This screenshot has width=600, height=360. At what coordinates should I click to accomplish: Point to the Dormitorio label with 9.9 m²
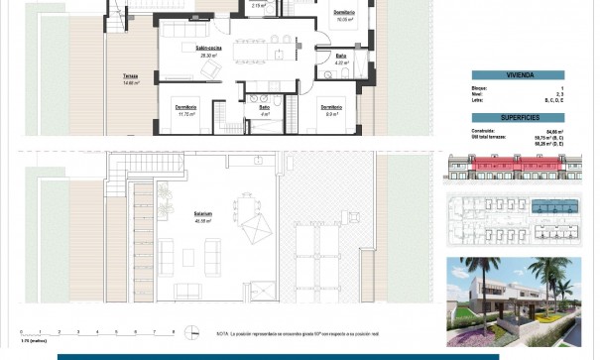point(331,108)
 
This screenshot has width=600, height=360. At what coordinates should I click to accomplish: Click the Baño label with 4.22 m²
point(340,59)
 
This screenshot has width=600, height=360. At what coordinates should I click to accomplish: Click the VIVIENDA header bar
point(517,74)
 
